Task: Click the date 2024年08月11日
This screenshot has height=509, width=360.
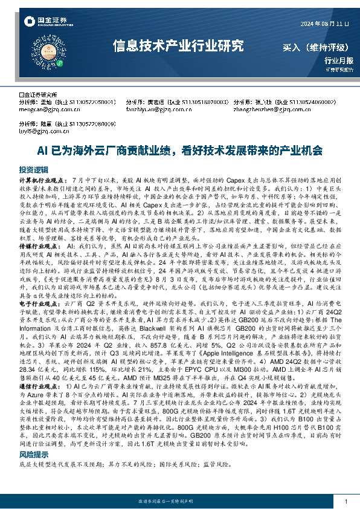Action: tap(325, 24)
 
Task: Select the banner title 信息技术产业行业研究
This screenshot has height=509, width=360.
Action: tap(179, 46)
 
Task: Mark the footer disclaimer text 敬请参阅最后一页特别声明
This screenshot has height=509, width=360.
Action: tap(179, 502)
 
